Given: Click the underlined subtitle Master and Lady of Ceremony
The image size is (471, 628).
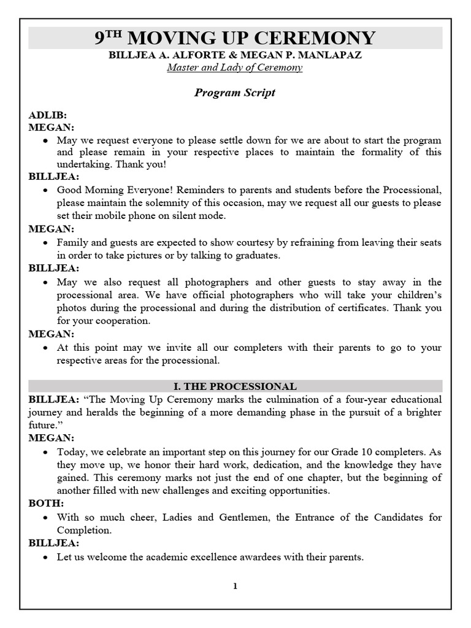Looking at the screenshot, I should [x=235, y=67].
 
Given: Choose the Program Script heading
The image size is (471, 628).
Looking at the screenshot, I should [x=235, y=93].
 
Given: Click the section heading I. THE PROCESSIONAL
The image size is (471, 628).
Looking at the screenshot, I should [x=235, y=386].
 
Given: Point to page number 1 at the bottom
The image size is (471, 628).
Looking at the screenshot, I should [x=235, y=586].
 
